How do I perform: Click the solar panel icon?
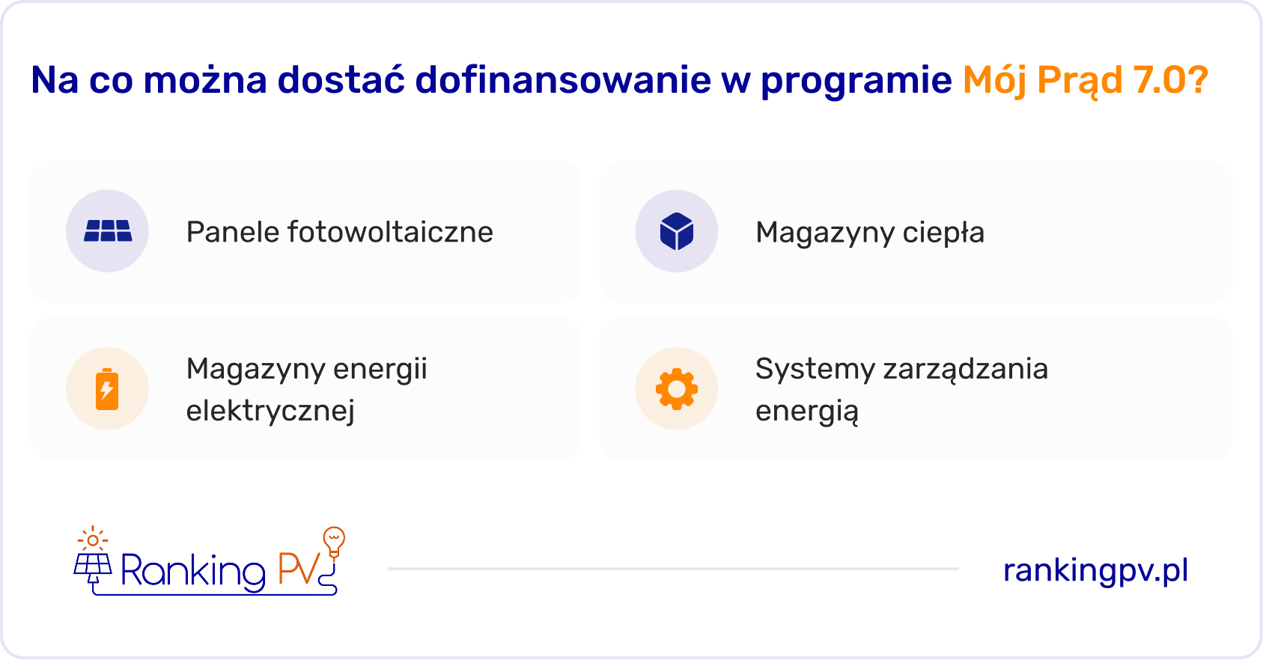(x=108, y=231)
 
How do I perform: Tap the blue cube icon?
(x=677, y=231)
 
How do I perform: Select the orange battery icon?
(x=107, y=389)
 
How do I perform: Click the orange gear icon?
(x=677, y=389)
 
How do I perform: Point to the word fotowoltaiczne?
(x=390, y=232)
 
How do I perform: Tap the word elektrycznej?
(x=270, y=411)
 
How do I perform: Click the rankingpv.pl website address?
(x=1095, y=571)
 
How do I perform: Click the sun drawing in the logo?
(x=93, y=540)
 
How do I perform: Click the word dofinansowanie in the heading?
(x=563, y=79)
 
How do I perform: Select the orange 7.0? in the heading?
(x=1171, y=79)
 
